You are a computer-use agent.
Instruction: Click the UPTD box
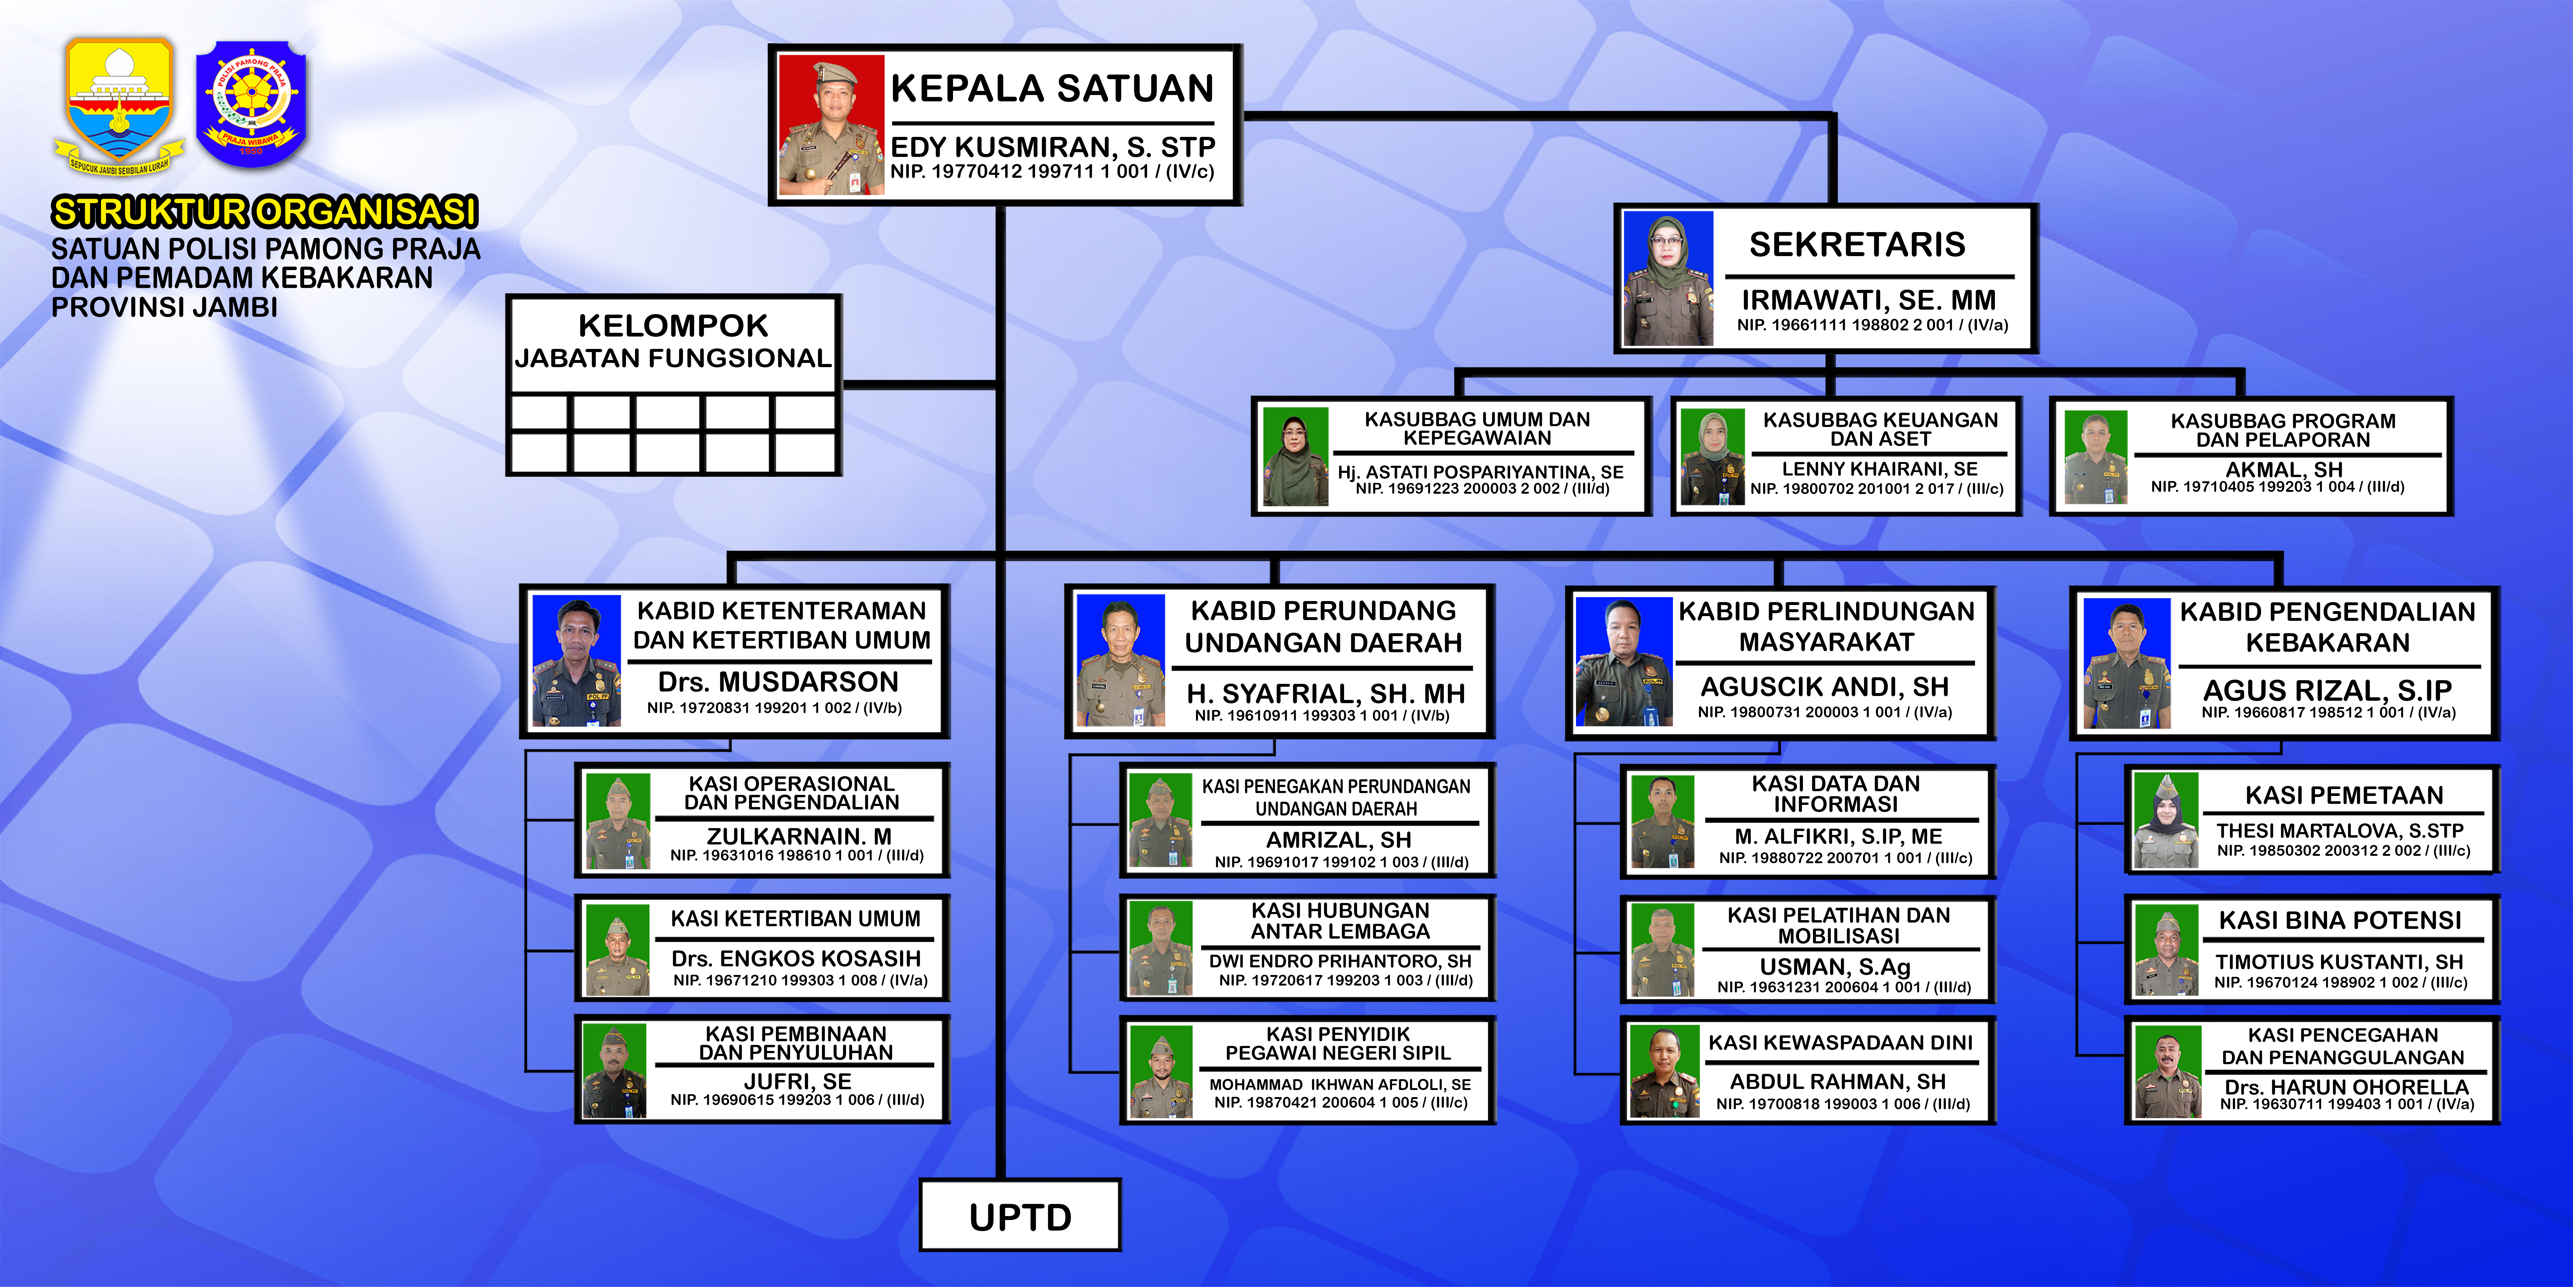(x=1020, y=1215)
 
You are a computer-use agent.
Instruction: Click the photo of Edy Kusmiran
(x=831, y=125)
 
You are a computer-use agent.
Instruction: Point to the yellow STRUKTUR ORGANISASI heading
(x=265, y=212)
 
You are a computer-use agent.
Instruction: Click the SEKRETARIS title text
(x=1857, y=245)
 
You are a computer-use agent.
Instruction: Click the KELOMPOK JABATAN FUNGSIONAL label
(x=673, y=341)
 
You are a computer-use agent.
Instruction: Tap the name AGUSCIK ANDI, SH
(x=1825, y=688)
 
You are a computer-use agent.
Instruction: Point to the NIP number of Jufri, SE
(x=797, y=1100)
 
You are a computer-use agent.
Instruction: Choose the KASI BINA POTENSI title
(x=2340, y=920)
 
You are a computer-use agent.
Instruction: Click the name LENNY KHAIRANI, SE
(x=1880, y=469)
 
